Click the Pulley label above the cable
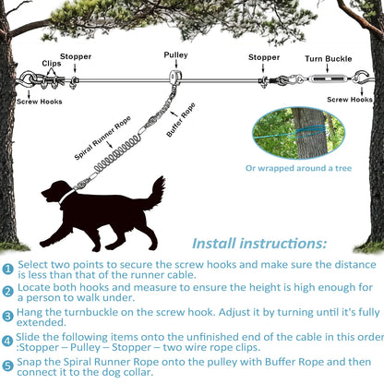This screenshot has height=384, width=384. pos(175,55)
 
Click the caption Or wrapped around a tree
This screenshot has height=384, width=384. pos(297,168)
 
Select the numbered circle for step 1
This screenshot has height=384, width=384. pos(8,268)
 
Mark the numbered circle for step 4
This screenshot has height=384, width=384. pos(8,343)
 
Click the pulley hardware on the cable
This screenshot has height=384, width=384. pos(175,78)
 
